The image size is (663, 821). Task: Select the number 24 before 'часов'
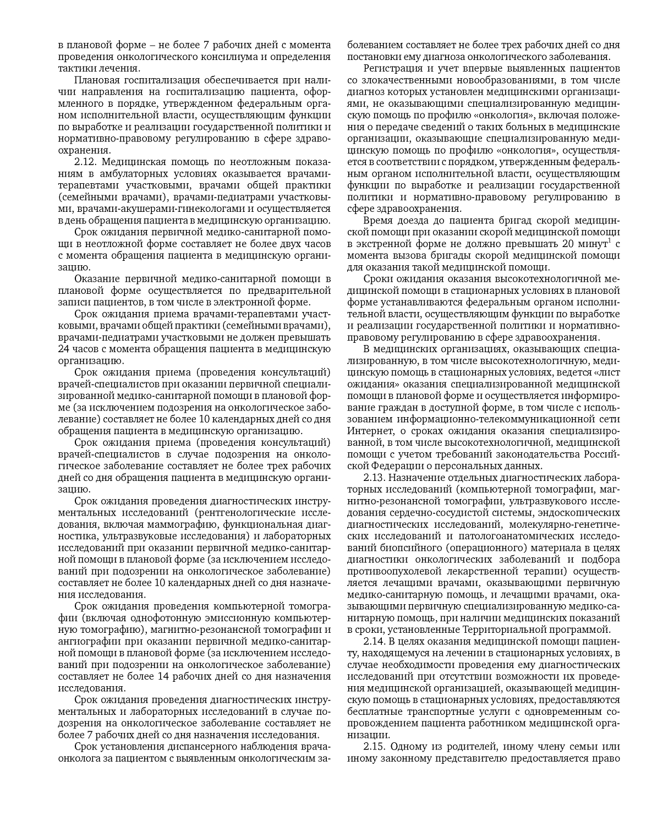[65, 349]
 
